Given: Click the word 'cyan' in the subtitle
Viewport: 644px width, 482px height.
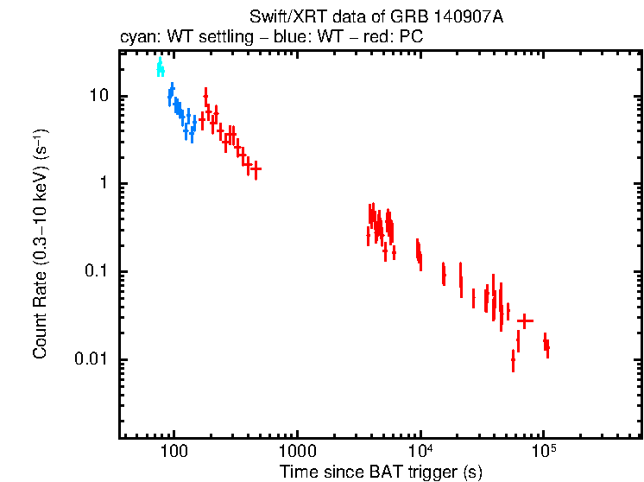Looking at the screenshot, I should coord(136,38).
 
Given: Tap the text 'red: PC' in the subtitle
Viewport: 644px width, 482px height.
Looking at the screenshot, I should coord(395,38).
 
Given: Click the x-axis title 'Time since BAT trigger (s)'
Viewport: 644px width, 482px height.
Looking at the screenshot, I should coord(381,472).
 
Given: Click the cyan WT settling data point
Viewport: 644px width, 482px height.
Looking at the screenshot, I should coord(160,67).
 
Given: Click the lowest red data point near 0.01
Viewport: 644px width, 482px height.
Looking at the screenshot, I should coord(513,360).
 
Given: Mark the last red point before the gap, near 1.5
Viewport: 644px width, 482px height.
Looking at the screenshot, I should coord(256,169).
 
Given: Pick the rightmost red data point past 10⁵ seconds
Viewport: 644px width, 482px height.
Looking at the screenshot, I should coord(546,346).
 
